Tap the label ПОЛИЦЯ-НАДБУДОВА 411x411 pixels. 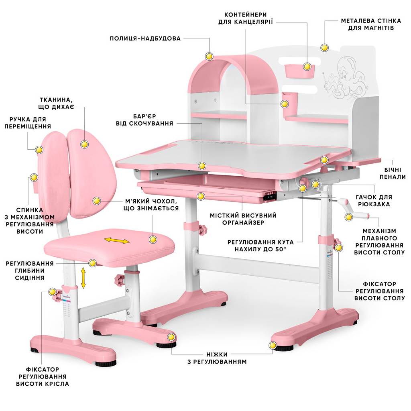coord(145,39)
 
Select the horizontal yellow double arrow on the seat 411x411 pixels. coord(117,241)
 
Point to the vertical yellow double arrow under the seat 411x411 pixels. coord(83,278)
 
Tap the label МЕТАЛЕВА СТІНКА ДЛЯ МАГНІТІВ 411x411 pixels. coord(367,24)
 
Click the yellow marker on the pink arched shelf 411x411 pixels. coord(209,56)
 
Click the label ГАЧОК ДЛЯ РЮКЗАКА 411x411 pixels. coord(374,201)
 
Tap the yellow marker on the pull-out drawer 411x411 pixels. coord(201,195)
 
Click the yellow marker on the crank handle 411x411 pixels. coord(348,217)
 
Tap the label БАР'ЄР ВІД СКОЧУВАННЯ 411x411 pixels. coord(145,120)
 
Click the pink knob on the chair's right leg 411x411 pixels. coord(119,280)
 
